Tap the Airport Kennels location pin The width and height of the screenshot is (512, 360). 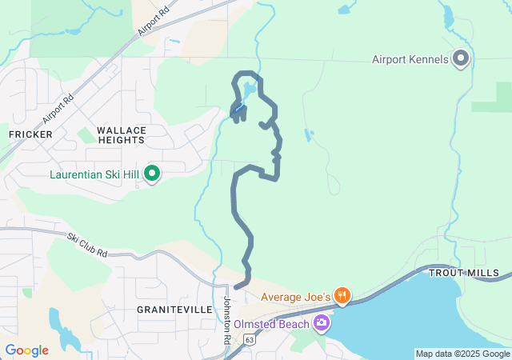click(x=460, y=58)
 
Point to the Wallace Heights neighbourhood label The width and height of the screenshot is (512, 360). click(x=122, y=134)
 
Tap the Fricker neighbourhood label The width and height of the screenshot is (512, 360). click(x=31, y=134)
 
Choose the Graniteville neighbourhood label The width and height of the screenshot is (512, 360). click(x=174, y=309)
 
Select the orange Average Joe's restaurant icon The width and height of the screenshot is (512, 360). click(x=342, y=296)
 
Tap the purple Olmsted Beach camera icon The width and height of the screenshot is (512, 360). click(x=322, y=323)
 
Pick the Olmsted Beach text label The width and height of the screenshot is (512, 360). click(x=273, y=324)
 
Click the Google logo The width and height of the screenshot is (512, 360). click(x=26, y=350)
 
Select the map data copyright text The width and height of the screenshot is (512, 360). click(x=462, y=354)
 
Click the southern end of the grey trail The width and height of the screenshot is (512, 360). click(x=237, y=286)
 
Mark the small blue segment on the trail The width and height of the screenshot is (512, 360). click(x=239, y=107)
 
